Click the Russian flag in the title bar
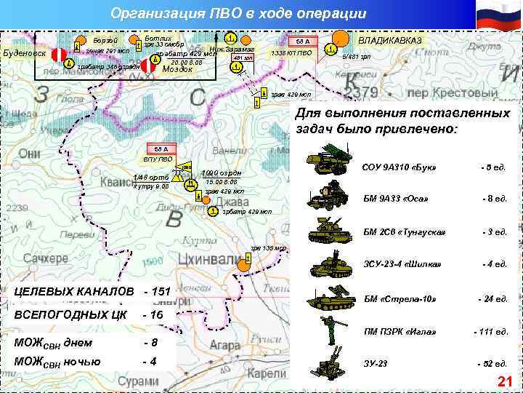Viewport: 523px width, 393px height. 498,15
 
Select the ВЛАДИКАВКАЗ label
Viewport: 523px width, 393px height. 390,39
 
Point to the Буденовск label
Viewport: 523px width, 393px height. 25,53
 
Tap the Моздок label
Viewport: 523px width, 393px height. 176,69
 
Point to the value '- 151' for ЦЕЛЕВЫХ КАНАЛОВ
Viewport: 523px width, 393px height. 157,292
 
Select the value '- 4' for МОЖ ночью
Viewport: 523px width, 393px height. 150,361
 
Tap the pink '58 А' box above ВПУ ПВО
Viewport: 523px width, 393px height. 156,149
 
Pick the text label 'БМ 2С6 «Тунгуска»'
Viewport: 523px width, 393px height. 404,232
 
